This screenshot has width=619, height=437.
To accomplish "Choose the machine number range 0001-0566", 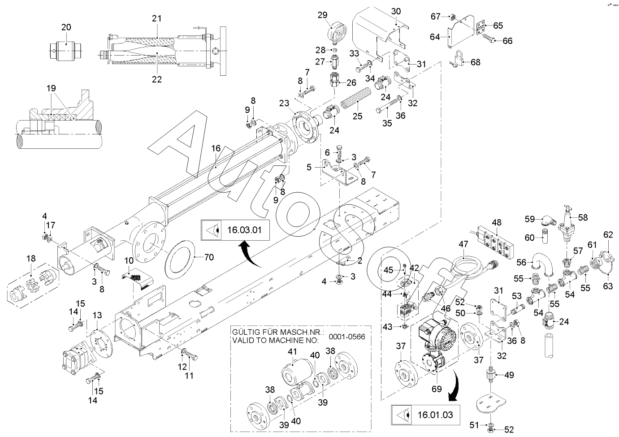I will [x=346, y=337].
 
